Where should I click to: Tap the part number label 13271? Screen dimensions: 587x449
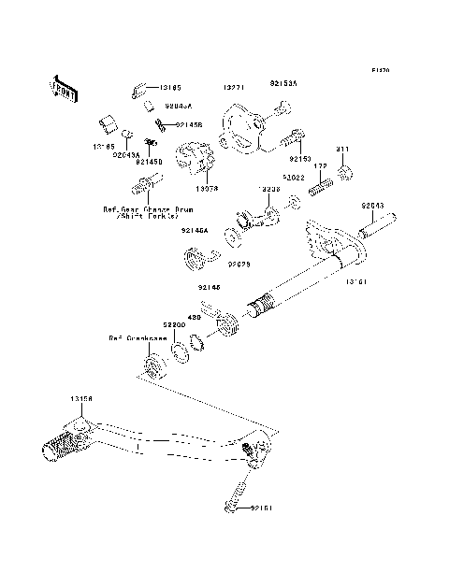coord(233,86)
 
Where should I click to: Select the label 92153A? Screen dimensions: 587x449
coord(283,84)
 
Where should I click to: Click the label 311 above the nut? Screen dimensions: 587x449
coord(342,150)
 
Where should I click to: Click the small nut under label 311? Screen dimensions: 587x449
coord(344,174)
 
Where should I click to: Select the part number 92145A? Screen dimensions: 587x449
coord(196,229)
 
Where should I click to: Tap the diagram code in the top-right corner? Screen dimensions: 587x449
coord(379,69)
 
